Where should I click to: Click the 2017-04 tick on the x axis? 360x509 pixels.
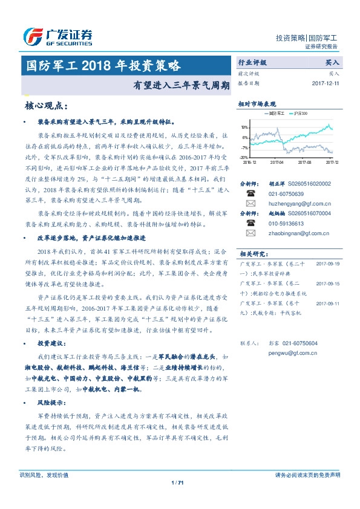coord(277,162)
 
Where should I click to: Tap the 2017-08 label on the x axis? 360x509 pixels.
coord(304,162)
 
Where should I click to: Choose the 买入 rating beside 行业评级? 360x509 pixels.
coord(332,62)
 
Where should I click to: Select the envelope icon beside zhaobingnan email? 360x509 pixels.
coord(250,233)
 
